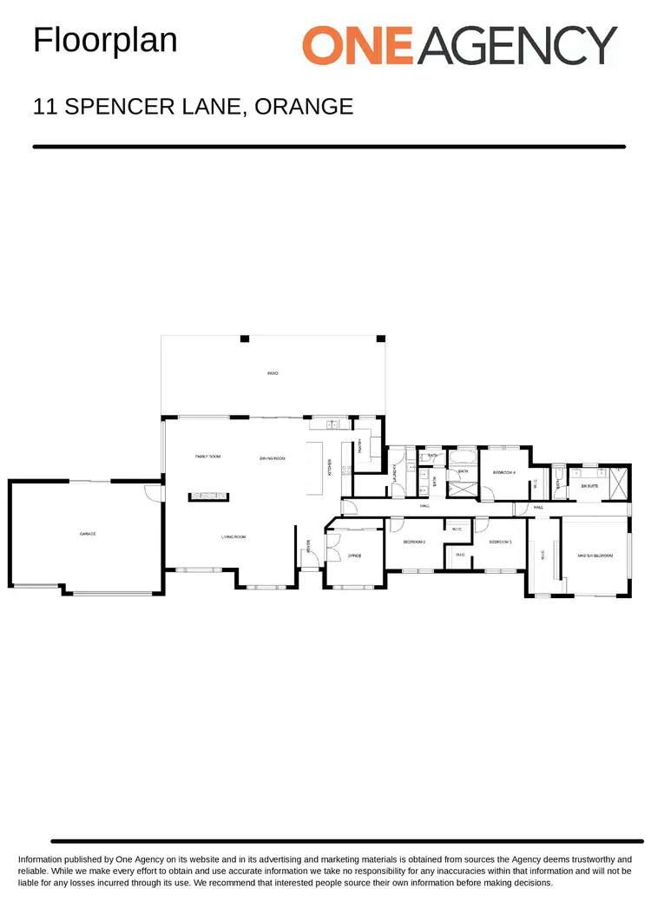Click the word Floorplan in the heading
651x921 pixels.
coord(105,39)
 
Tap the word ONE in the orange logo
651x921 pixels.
coord(359,45)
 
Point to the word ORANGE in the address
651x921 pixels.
coord(304,107)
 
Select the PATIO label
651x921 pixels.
coord(273,373)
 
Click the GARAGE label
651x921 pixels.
coord(87,534)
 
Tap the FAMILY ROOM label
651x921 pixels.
coord(207,456)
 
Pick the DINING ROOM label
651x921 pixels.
coord(273,457)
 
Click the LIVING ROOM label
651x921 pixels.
coord(233,537)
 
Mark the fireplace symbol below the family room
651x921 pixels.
coord(208,497)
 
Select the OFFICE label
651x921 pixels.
coord(354,556)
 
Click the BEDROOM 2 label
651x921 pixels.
coord(414,542)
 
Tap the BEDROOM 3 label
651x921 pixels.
coord(500,542)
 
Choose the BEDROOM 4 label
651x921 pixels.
coord(504,472)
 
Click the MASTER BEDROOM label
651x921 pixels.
coord(595,555)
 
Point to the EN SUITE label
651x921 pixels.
coord(589,486)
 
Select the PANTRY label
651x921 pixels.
coord(360,446)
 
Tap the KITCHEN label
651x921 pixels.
coord(330,467)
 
